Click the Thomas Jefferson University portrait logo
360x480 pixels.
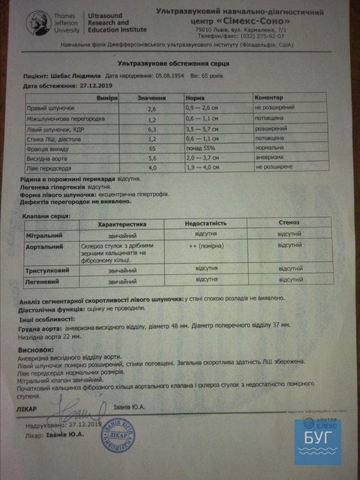click(38, 23)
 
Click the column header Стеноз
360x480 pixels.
click(289, 223)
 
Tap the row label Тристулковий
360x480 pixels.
click(47, 271)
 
